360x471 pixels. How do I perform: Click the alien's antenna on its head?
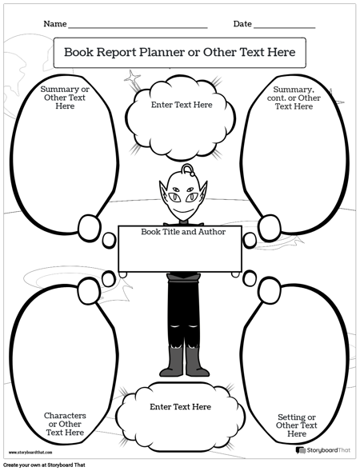[x=186, y=170]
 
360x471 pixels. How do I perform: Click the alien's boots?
[x=183, y=361]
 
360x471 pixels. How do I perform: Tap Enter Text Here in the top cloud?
[x=182, y=105]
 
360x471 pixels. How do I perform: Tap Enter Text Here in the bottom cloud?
[x=180, y=407]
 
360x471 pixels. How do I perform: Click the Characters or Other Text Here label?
[x=65, y=424]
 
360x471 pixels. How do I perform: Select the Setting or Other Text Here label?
[x=297, y=425]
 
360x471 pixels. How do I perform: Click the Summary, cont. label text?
[x=297, y=98]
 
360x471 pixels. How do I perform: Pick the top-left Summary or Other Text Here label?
[x=65, y=97]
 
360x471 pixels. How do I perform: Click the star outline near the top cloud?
[x=132, y=78]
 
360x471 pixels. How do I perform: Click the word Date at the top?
[x=242, y=24]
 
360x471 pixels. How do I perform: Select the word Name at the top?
[x=55, y=24]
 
